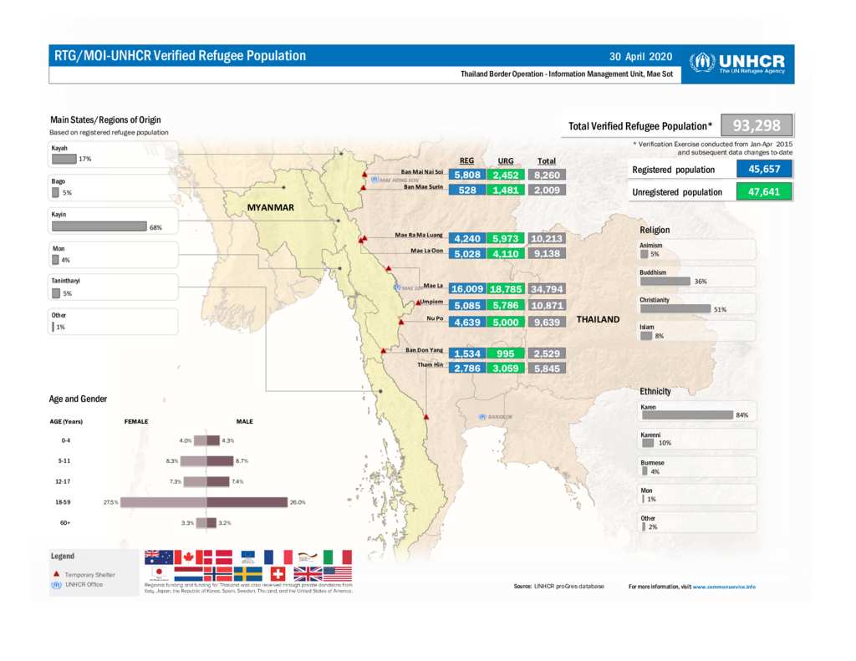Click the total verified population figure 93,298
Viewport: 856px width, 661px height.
click(757, 126)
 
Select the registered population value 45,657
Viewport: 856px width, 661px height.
click(764, 170)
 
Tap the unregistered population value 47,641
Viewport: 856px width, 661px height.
click(764, 191)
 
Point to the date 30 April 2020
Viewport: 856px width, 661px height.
click(641, 57)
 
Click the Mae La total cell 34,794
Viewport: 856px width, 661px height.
click(548, 289)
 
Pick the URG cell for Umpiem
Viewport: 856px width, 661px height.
click(506, 306)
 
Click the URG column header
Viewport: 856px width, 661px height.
click(506, 160)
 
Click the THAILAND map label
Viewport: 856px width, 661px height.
click(599, 319)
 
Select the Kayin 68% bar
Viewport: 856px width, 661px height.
click(99, 226)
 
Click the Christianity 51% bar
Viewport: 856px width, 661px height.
click(675, 308)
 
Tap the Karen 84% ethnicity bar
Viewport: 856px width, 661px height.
click(686, 414)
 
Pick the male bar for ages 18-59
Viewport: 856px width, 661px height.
click(247, 502)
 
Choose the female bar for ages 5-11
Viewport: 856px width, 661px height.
click(194, 460)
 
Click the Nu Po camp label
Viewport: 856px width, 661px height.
click(434, 318)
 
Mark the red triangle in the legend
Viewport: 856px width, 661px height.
click(56, 574)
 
